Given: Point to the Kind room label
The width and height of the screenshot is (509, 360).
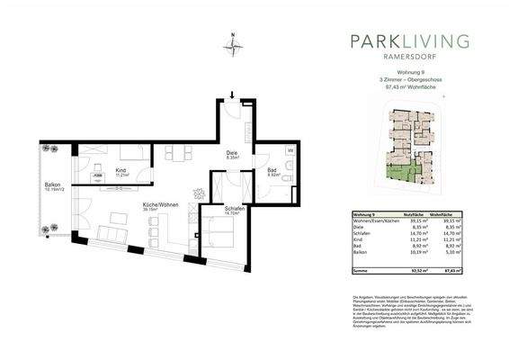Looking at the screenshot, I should pos(121,175).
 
